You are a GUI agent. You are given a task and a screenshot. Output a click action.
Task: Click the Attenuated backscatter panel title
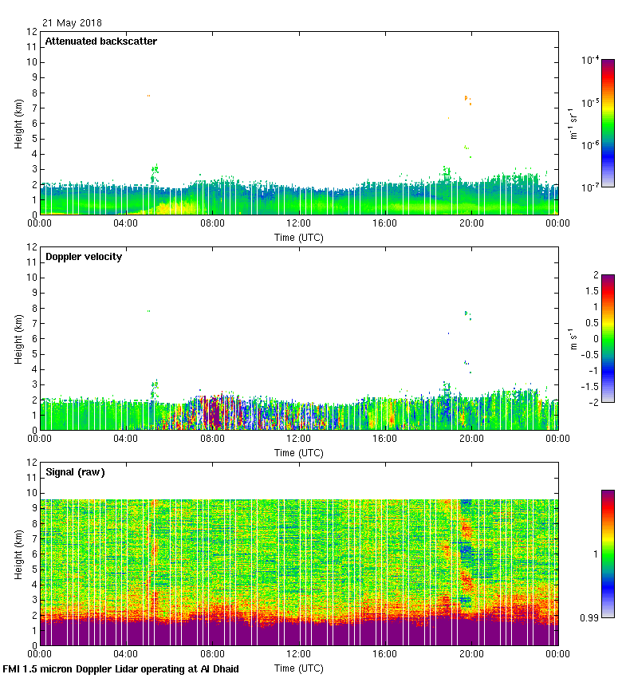pyautogui.click(x=100, y=41)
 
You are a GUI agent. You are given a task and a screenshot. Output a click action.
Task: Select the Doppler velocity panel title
pyautogui.click(x=84, y=257)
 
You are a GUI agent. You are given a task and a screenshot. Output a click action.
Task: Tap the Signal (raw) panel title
pyautogui.click(x=75, y=472)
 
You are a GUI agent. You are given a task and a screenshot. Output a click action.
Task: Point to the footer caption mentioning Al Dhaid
pyautogui.click(x=120, y=668)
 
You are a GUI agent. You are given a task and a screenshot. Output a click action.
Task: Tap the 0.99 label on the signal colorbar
pyautogui.click(x=589, y=617)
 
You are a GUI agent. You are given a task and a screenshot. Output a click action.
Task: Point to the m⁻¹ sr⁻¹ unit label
pyautogui.click(x=574, y=124)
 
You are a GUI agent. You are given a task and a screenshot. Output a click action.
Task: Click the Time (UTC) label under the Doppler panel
pyautogui.click(x=299, y=452)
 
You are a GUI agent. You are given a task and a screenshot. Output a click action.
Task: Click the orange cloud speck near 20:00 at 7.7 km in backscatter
pyautogui.click(x=467, y=99)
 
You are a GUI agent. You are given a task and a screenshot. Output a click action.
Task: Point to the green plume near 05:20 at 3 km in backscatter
pyautogui.click(x=155, y=171)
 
